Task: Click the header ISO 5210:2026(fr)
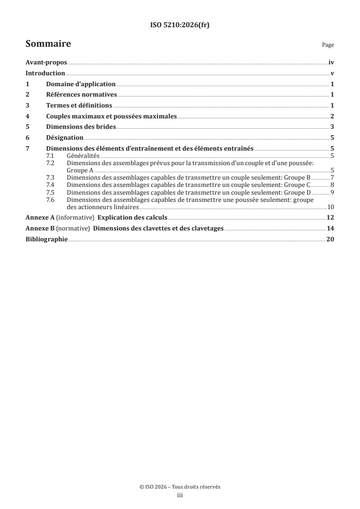[180, 25]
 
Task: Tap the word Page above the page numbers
[328, 45]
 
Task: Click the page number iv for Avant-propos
[331, 64]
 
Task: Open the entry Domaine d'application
[81, 84]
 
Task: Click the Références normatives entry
[82, 95]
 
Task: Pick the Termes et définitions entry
[79, 105]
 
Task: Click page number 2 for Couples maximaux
[332, 116]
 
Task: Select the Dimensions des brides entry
[81, 127]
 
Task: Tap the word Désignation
[65, 137]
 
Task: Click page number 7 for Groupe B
[332, 177]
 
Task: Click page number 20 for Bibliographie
[330, 239]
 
